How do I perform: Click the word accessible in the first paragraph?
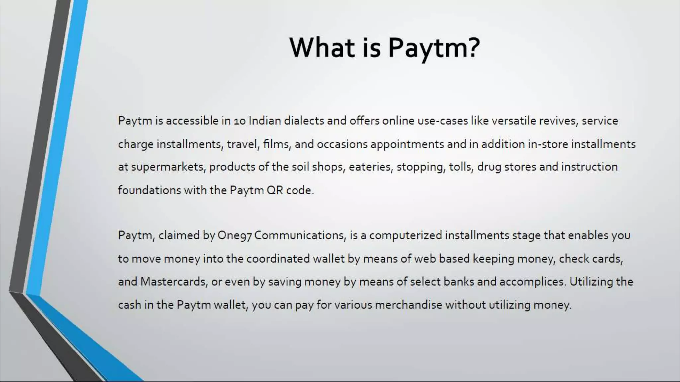point(192,121)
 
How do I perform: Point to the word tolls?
point(461,167)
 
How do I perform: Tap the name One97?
point(235,235)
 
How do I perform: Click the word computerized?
point(405,235)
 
